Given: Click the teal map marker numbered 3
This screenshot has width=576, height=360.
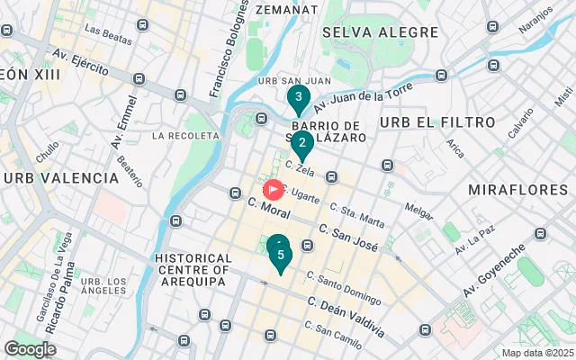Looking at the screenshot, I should pyautogui.click(x=298, y=98).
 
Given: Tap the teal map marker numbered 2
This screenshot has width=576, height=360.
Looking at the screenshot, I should pyautogui.click(x=303, y=143).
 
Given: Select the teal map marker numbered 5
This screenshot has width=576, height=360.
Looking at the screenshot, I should pyautogui.click(x=281, y=256).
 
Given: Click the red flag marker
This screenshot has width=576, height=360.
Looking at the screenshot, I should pyautogui.click(x=273, y=190).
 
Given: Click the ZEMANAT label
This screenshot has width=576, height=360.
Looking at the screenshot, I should pyautogui.click(x=286, y=9).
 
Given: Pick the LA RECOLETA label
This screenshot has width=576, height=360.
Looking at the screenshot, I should pyautogui.click(x=185, y=136).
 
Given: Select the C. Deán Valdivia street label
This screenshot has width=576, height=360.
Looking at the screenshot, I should pyautogui.click(x=346, y=317).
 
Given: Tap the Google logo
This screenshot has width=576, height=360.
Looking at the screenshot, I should pyautogui.click(x=30, y=348).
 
